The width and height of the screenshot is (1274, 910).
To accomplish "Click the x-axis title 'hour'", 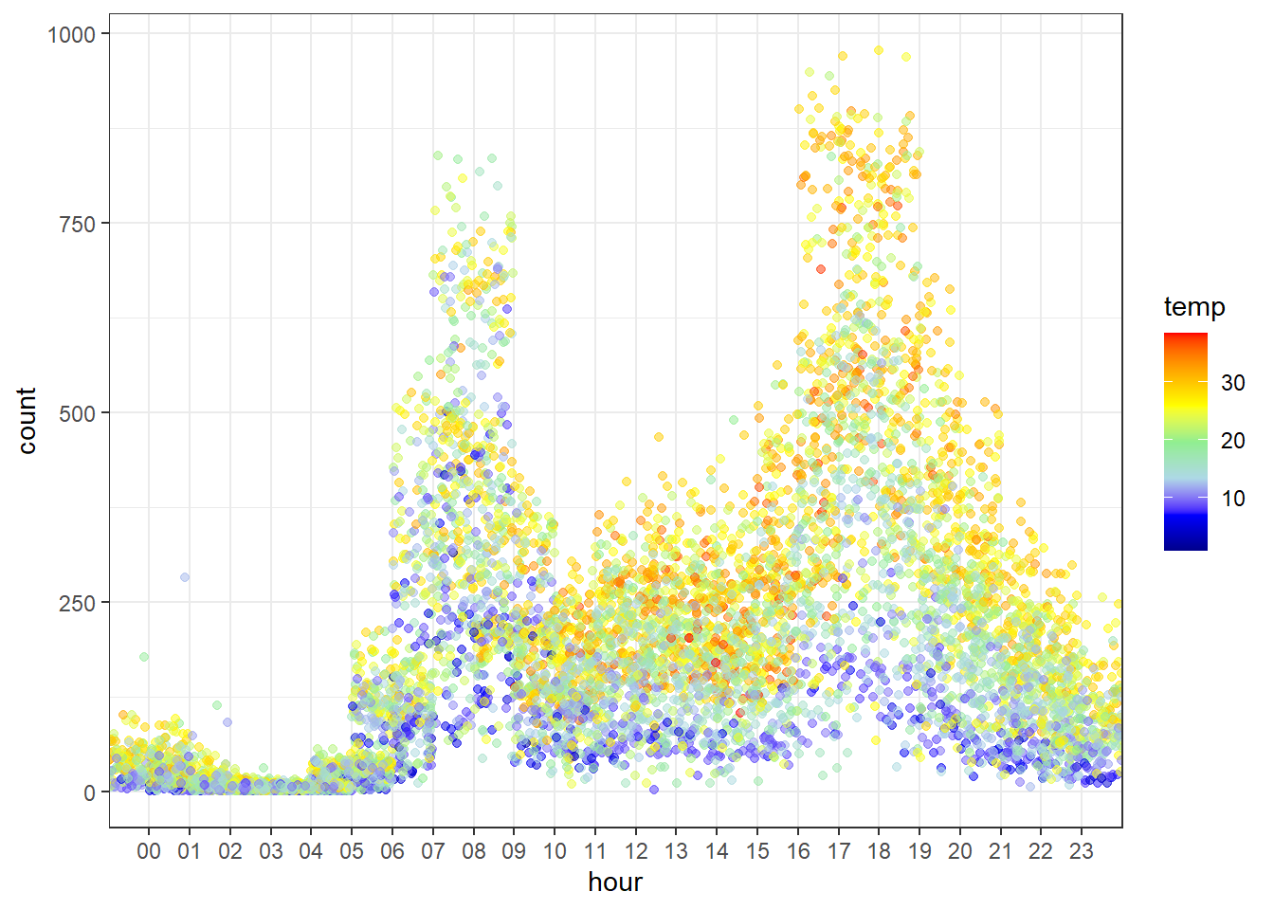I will click(615, 883).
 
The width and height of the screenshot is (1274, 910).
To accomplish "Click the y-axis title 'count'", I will click(27, 420).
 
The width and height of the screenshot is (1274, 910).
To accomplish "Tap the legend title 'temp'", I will click(1194, 307).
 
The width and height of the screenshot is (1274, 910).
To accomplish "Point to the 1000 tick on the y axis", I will click(72, 34).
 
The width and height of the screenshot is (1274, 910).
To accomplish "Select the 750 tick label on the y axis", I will click(78, 224).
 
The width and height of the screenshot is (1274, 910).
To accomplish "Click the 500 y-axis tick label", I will click(78, 413).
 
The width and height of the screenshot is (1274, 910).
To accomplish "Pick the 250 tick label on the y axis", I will click(78, 603).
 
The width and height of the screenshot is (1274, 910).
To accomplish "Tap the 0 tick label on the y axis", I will click(89, 792).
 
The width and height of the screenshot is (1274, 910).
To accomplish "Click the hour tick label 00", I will click(149, 851).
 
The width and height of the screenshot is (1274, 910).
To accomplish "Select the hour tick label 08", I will click(473, 851).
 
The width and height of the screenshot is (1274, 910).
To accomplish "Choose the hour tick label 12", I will click(636, 851).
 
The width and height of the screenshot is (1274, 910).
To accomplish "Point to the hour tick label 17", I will click(839, 851).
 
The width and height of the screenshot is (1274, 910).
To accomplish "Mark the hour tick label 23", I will click(1082, 851).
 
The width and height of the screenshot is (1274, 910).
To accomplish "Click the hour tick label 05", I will click(352, 851).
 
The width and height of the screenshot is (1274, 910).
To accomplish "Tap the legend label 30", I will click(1232, 383).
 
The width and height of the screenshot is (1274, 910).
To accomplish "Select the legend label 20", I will click(1232, 441).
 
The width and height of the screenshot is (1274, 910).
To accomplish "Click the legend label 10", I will click(1232, 499).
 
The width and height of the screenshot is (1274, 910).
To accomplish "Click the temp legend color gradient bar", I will click(1186, 442).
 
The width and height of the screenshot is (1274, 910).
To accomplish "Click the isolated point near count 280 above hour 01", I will click(185, 577).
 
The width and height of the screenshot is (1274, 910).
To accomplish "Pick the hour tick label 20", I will click(960, 851).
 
